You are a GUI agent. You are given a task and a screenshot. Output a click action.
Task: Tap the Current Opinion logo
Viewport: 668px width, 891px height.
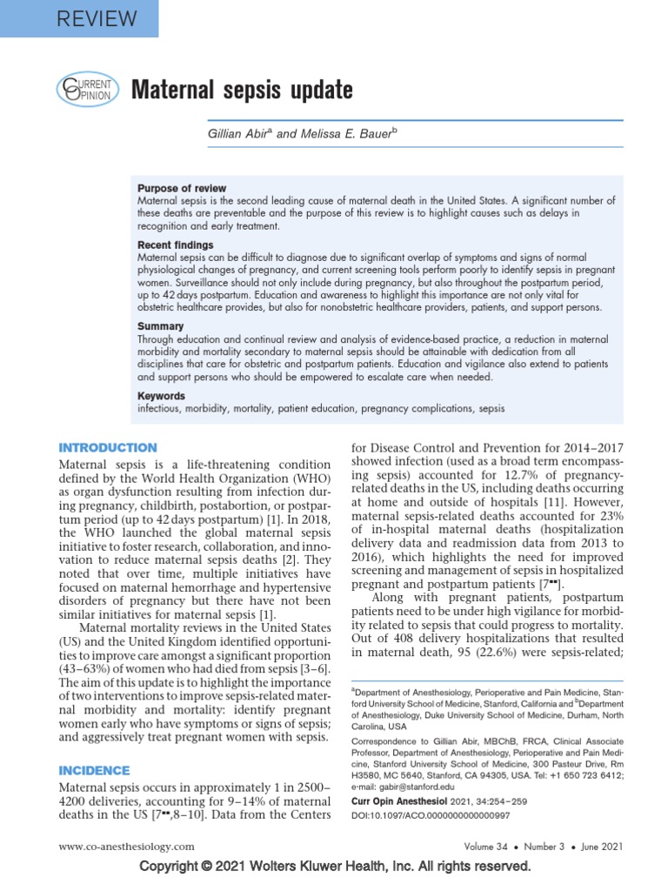tap(85, 90)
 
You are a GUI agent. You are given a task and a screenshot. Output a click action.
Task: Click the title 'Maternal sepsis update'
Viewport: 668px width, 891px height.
tap(242, 90)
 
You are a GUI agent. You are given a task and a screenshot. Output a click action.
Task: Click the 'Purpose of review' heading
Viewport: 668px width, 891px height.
tap(182, 188)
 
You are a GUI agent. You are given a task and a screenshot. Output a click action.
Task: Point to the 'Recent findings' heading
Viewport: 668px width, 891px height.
tap(175, 245)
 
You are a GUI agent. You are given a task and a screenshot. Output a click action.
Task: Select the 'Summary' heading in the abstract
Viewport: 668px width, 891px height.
tap(160, 326)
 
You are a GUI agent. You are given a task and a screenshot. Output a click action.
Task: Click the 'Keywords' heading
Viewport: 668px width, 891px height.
tap(161, 396)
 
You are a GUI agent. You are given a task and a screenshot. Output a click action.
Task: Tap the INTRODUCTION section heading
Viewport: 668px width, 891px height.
tap(107, 447)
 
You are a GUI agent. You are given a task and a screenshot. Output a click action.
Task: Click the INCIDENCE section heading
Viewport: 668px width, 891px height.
tap(93, 770)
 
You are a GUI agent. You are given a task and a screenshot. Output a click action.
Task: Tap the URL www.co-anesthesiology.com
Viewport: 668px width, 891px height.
tap(126, 846)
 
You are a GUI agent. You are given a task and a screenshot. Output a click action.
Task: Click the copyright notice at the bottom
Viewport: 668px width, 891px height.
tap(334, 867)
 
